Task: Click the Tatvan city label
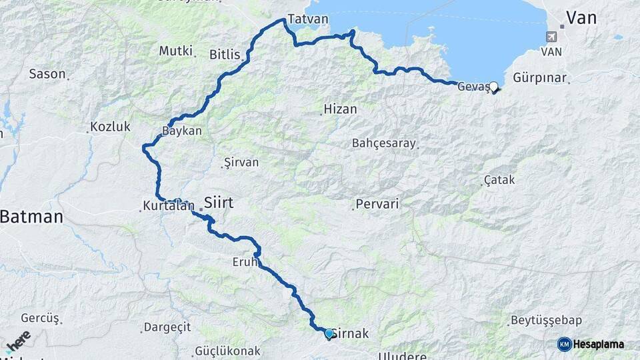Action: pyautogui.click(x=308, y=19)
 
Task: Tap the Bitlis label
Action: pyautogui.click(x=224, y=54)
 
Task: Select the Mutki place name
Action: pyautogui.click(x=175, y=51)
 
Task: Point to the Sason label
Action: pyautogui.click(x=47, y=74)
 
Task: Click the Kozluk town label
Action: pyautogui.click(x=111, y=127)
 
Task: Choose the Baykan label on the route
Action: pyautogui.click(x=182, y=131)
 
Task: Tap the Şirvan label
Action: pyautogui.click(x=242, y=162)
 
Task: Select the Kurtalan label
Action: pyautogui.click(x=167, y=206)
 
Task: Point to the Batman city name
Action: pyautogui.click(x=31, y=216)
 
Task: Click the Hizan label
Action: pyautogui.click(x=340, y=109)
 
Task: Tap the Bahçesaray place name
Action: pyautogui.click(x=384, y=143)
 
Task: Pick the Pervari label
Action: pyautogui.click(x=377, y=204)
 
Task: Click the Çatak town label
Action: pyautogui.click(x=500, y=180)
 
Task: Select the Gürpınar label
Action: pyautogui.click(x=540, y=78)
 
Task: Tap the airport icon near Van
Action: pyautogui.click(x=551, y=37)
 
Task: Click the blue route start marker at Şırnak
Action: pyautogui.click(x=329, y=333)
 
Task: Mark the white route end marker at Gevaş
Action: pyautogui.click(x=493, y=86)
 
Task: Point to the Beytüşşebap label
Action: pyautogui.click(x=545, y=320)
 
